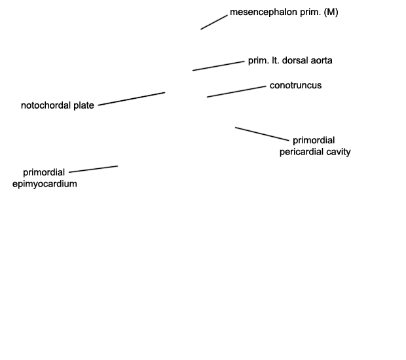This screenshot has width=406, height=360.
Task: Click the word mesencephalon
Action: pyautogui.click(x=263, y=12)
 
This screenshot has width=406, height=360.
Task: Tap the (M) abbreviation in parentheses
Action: pyautogui.click(x=331, y=12)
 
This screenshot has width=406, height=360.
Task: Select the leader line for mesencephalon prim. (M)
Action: pyautogui.click(x=214, y=22)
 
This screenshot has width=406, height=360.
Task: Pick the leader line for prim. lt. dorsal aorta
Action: pyautogui.click(x=219, y=66)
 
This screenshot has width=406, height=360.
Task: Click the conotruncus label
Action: pyautogui.click(x=296, y=85)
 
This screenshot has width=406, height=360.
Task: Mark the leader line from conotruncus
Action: pyautogui.click(x=236, y=92)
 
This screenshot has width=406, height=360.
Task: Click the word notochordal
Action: pyautogui.click(x=46, y=105)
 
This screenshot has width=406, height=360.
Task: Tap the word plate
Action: pyautogui.click(x=84, y=106)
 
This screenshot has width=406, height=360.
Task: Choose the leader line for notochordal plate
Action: pyautogui.click(x=132, y=99)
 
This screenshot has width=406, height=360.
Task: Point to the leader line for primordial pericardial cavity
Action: pyautogui.click(x=262, y=134)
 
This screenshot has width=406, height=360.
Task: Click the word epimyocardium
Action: pyautogui.click(x=45, y=184)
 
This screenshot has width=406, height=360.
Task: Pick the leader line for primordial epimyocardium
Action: pyautogui.click(x=94, y=169)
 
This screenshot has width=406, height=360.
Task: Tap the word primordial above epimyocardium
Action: pyautogui.click(x=44, y=172)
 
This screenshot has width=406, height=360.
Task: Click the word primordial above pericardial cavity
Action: pyautogui.click(x=314, y=140)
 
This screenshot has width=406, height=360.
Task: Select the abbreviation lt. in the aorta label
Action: pyautogui.click(x=275, y=61)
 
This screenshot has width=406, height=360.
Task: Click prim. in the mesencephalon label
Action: pyautogui.click(x=310, y=12)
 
